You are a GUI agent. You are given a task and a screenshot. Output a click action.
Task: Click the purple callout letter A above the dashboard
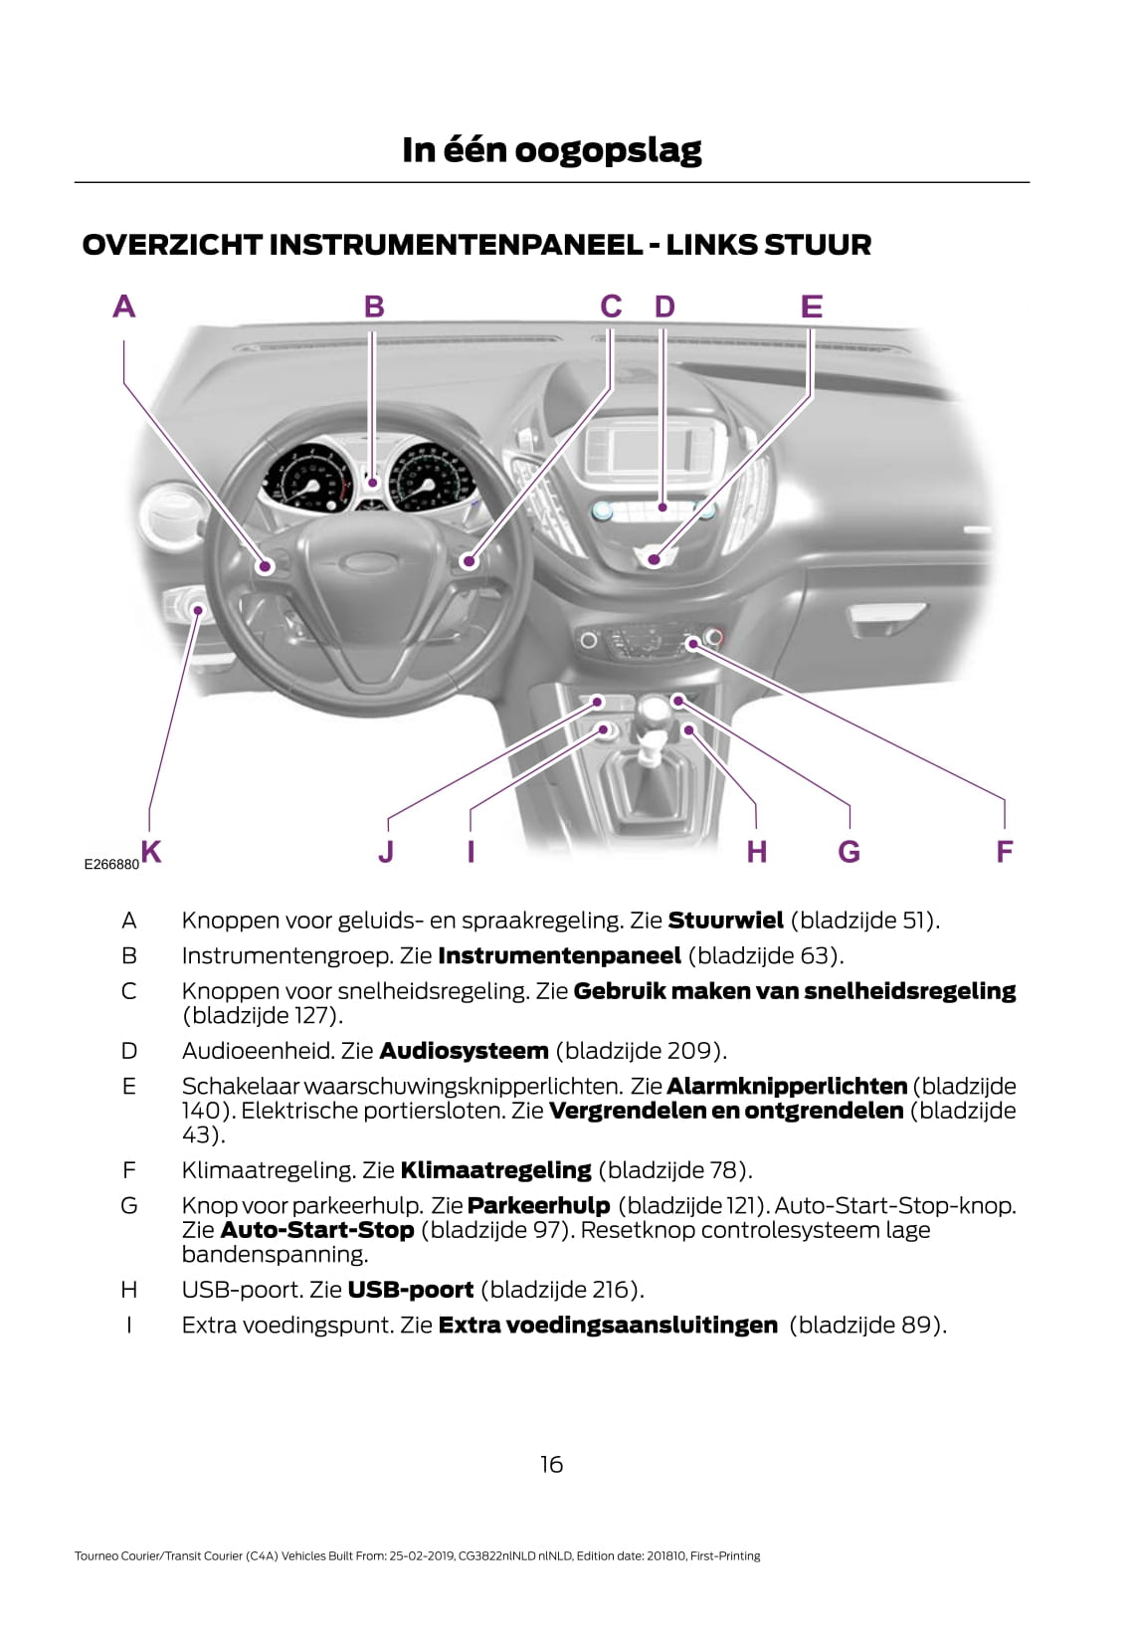click(123, 306)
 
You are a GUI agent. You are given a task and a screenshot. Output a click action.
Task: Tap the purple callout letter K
click(151, 851)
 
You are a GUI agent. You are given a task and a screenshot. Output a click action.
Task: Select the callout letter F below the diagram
click(1004, 852)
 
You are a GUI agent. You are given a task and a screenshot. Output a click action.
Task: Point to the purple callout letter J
click(386, 852)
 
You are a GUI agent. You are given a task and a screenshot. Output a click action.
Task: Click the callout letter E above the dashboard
click(812, 306)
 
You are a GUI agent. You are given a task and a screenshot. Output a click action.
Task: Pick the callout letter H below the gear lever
click(756, 852)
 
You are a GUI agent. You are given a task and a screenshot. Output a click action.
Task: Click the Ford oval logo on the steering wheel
click(365, 561)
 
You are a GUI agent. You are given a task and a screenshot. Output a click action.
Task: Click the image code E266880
click(111, 865)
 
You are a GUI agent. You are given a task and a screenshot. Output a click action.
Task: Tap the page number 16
click(551, 1464)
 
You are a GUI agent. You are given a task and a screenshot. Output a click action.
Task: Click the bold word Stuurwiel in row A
click(725, 920)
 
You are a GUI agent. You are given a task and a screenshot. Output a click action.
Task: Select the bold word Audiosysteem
click(464, 1050)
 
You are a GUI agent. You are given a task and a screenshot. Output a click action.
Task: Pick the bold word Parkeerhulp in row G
click(538, 1205)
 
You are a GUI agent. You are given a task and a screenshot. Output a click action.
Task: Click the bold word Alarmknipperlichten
click(786, 1086)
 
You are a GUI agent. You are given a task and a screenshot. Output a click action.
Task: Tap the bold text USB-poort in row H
click(410, 1290)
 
